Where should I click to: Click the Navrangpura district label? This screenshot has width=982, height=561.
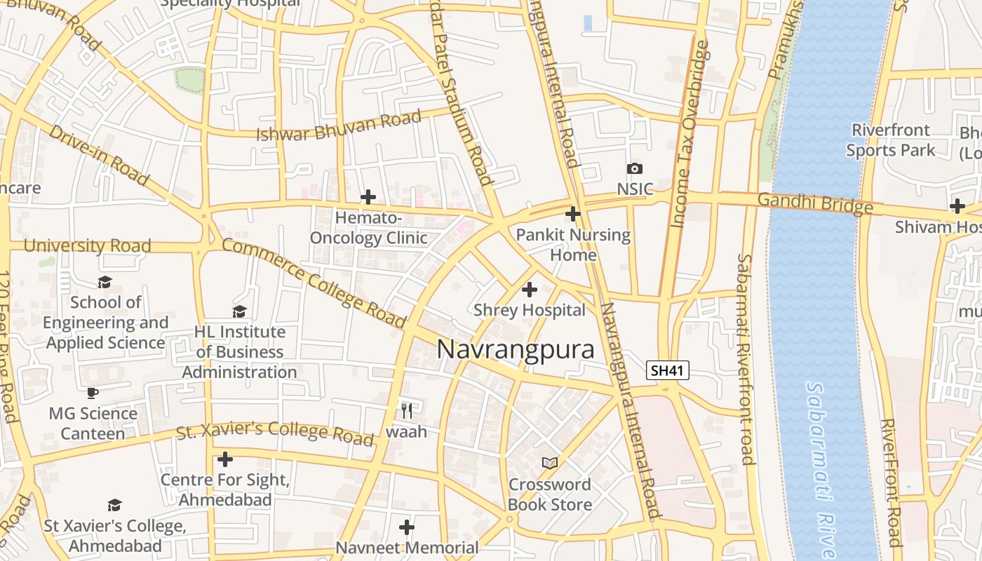[x=516, y=349]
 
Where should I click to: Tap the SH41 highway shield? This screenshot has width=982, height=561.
[x=667, y=370]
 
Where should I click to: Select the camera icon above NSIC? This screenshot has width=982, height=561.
[x=634, y=168]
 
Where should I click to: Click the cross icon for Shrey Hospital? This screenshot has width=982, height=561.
[x=530, y=289]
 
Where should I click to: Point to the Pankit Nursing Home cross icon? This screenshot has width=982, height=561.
[x=573, y=214]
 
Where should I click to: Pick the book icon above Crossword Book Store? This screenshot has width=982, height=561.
[x=550, y=463]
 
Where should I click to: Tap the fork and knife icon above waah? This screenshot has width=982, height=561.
[x=406, y=410]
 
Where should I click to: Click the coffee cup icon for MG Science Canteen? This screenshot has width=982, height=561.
[x=93, y=393]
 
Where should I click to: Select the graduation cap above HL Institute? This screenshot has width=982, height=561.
[x=239, y=311]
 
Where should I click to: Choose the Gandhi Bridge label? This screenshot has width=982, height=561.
[x=815, y=203]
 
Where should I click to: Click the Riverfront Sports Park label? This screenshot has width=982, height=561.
[x=891, y=140]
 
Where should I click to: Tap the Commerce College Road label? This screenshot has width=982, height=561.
[x=314, y=283]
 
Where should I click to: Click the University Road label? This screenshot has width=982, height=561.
[x=88, y=245]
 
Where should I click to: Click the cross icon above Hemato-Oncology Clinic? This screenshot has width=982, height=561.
[x=368, y=197]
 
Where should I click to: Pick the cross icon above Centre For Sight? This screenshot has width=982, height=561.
[x=224, y=459]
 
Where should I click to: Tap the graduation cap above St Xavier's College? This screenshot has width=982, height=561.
[x=114, y=505]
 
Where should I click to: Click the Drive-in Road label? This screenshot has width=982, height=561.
[x=99, y=156]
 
